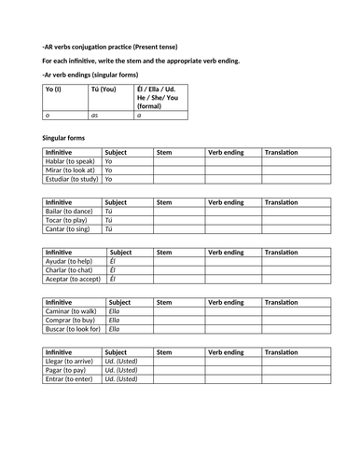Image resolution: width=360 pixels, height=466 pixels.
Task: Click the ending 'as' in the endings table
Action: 94,115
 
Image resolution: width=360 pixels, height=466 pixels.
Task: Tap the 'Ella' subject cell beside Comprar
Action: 124,321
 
